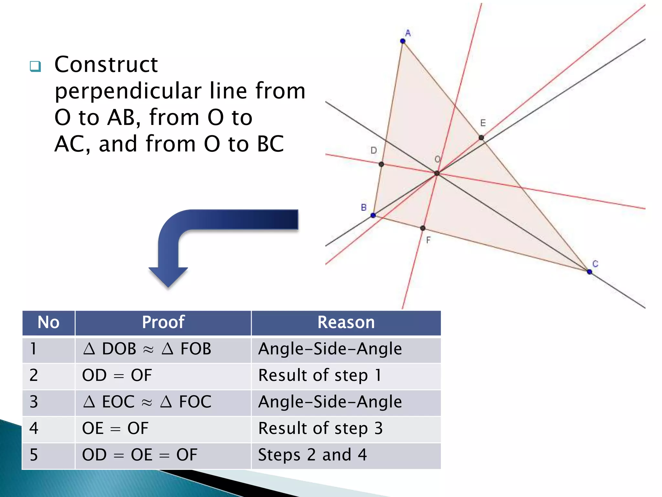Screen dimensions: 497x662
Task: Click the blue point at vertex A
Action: pyautogui.click(x=402, y=41)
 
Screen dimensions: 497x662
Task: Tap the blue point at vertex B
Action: pyautogui.click(x=373, y=215)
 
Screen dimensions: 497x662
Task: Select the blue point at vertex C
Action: pyautogui.click(x=589, y=272)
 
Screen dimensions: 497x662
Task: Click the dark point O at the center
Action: pyautogui.click(x=437, y=173)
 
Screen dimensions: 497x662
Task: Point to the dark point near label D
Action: pyautogui.click(x=381, y=164)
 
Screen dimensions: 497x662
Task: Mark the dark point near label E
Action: pyautogui.click(x=481, y=138)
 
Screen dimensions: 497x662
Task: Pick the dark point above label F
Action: pyautogui.click(x=422, y=228)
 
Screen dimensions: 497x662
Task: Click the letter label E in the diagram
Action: pyautogui.click(x=483, y=123)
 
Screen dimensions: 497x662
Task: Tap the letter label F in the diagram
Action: pyautogui.click(x=428, y=240)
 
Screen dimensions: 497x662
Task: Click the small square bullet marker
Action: pyautogui.click(x=35, y=66)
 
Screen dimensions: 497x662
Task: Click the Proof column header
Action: pyautogui.click(x=163, y=322)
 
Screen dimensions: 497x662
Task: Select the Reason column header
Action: pyautogui.click(x=346, y=322)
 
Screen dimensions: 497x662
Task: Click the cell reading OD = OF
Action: pyautogui.click(x=117, y=375)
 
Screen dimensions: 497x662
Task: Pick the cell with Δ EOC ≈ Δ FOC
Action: pyautogui.click(x=147, y=402)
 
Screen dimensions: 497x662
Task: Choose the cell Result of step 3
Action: pyautogui.click(x=320, y=428)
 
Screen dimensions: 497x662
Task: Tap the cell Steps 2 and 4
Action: pyautogui.click(x=312, y=455)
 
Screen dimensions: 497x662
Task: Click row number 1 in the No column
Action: pyautogui.click(x=33, y=349)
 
